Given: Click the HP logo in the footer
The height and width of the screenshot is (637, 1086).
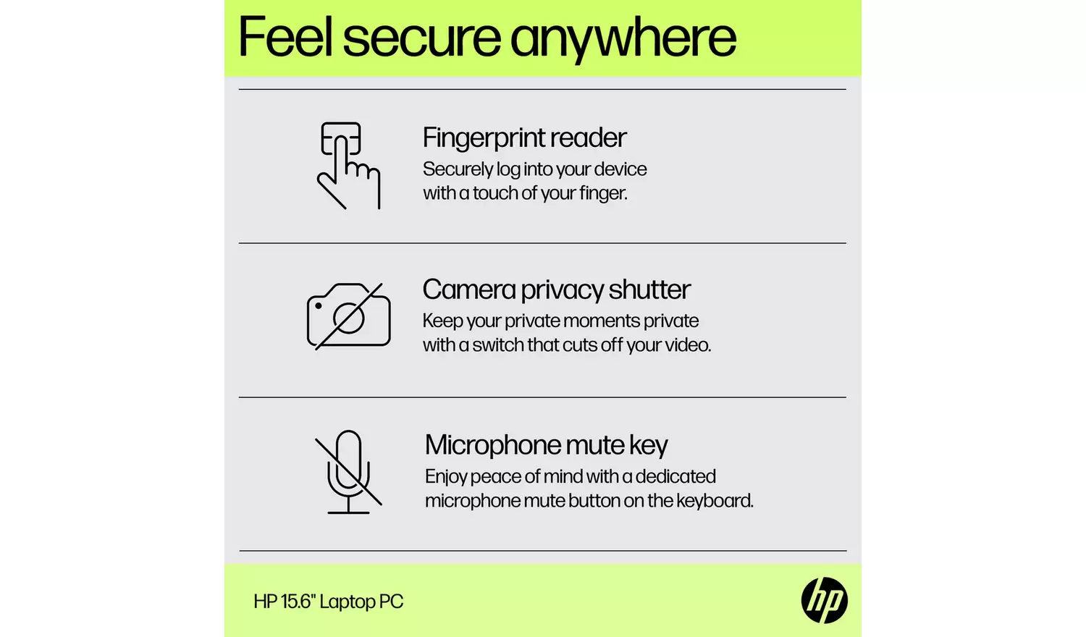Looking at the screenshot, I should click(x=824, y=600).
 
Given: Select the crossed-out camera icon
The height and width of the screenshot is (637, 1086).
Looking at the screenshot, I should click(x=348, y=316).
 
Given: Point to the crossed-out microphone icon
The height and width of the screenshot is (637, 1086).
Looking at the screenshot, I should click(x=348, y=472).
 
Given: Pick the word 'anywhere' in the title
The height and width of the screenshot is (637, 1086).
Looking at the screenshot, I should click(x=623, y=38).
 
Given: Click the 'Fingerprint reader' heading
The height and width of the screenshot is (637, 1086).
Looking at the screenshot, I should click(x=524, y=138).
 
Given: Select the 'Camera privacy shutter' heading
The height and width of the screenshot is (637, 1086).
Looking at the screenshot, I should click(x=556, y=290).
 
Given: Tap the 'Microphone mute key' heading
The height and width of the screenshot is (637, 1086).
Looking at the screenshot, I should click(x=546, y=445).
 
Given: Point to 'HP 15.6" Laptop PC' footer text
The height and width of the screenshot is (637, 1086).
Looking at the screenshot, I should click(x=328, y=602).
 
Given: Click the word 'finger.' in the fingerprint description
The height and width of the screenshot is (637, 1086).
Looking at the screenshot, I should click(x=603, y=193).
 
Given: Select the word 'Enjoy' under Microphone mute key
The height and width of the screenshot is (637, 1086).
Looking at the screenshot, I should click(x=446, y=477).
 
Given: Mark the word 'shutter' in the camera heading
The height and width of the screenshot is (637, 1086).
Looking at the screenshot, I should click(x=649, y=290).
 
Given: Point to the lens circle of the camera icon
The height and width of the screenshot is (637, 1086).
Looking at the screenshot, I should click(x=349, y=318).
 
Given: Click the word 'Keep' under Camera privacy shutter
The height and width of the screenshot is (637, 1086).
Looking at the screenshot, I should click(x=442, y=321).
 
